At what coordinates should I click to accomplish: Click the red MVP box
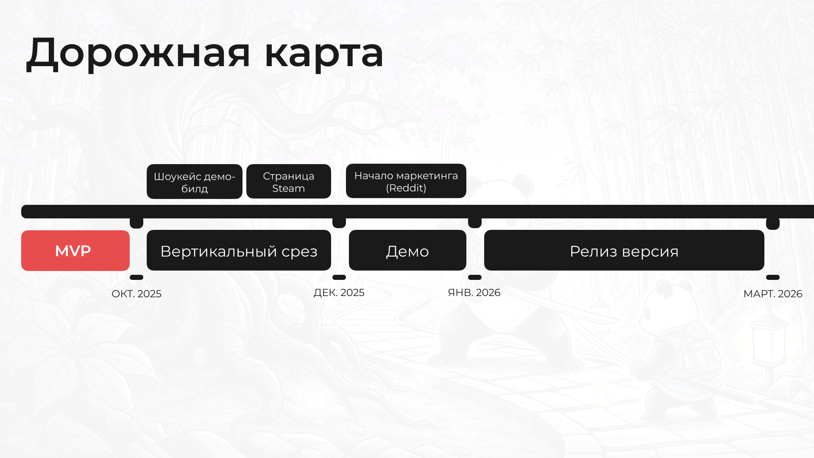pos(75,251)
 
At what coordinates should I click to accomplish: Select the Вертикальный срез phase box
pos(239,250)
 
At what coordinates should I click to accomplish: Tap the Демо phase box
pos(407,250)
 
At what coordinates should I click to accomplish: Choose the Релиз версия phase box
pos(624,250)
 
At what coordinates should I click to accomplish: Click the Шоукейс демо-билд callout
pos(195,182)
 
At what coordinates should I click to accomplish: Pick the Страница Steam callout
pos(289,182)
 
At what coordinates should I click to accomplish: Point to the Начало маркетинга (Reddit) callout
pos(406,181)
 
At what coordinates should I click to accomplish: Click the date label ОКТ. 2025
pos(137,294)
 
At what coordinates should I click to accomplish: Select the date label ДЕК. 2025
pos(339,293)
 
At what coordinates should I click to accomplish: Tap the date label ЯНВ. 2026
pos(474,293)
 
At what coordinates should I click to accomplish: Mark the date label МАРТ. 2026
pos(773,294)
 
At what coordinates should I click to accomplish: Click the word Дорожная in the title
pos(138,53)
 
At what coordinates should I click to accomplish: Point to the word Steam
pos(289,188)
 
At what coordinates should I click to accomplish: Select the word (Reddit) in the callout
pos(406,188)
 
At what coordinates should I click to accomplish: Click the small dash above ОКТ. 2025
pos(137,277)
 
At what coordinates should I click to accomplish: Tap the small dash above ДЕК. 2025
pos(339,277)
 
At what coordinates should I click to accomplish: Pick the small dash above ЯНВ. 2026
pos(475,277)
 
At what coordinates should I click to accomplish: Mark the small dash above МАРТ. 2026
pos(773,277)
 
